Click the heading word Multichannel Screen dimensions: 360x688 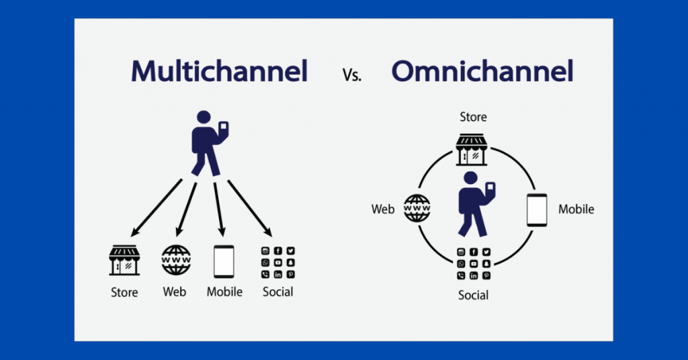point(219,71)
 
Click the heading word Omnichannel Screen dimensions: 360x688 point(482,71)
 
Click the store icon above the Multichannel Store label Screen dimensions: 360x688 point(124,260)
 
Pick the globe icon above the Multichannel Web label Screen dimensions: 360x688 point(175,260)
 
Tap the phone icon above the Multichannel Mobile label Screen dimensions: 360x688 point(224,261)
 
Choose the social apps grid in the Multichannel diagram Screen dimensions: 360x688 point(277,262)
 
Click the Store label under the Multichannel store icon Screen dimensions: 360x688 point(124,292)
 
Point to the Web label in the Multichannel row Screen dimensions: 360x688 point(175,292)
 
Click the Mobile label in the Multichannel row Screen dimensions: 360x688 point(224,292)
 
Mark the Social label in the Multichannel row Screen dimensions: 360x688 point(278,292)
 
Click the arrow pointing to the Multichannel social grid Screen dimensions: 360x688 point(249,208)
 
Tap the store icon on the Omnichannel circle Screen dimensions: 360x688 point(472,149)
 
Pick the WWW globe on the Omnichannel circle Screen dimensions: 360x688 point(417,209)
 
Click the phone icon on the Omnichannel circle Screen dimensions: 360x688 point(536,210)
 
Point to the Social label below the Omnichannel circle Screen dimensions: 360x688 point(473,296)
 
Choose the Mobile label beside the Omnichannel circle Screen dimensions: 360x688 point(576,210)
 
